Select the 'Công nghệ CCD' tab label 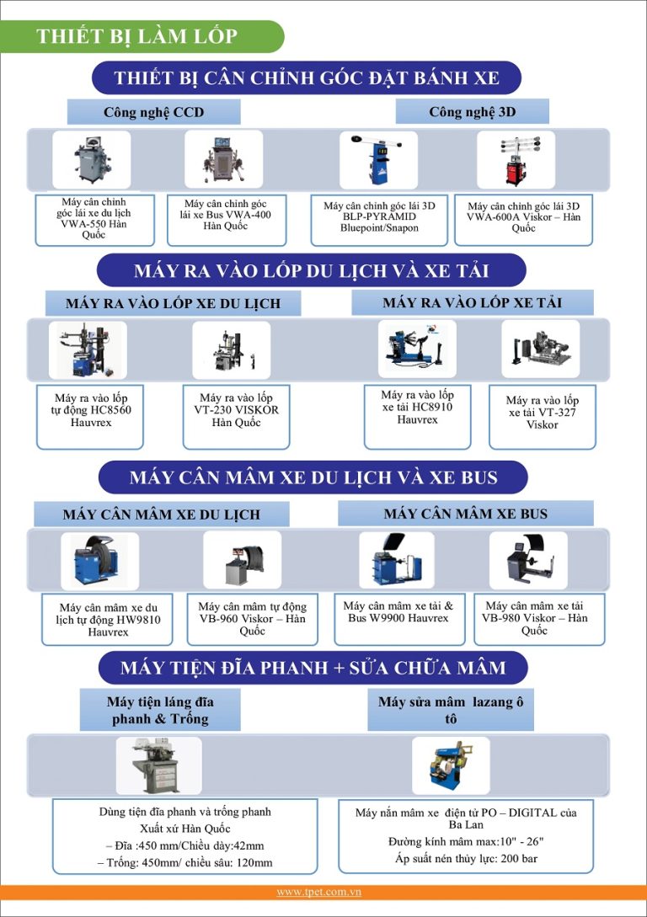pos(154,112)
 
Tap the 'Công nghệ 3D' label pos(472,111)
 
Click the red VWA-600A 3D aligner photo pos(516,160)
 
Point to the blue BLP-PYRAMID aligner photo pos(378,160)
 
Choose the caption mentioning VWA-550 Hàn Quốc pos(94,218)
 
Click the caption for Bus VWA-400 pos(226,215)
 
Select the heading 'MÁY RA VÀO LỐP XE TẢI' pos(472,302)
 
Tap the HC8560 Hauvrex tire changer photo pos(88,349)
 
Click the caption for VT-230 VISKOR pos(237,410)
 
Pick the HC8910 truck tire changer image pos(416,349)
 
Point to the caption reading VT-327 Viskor pos(543,413)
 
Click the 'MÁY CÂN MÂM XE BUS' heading pos(466,514)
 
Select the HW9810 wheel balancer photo pos(100,561)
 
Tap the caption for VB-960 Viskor pos(252,619)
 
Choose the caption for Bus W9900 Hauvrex pos(398,611)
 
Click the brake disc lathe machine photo pos(158,765)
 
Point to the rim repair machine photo pos(451,765)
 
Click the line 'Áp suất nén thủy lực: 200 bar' pos(466,859)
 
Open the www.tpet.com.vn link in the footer pos(318,892)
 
